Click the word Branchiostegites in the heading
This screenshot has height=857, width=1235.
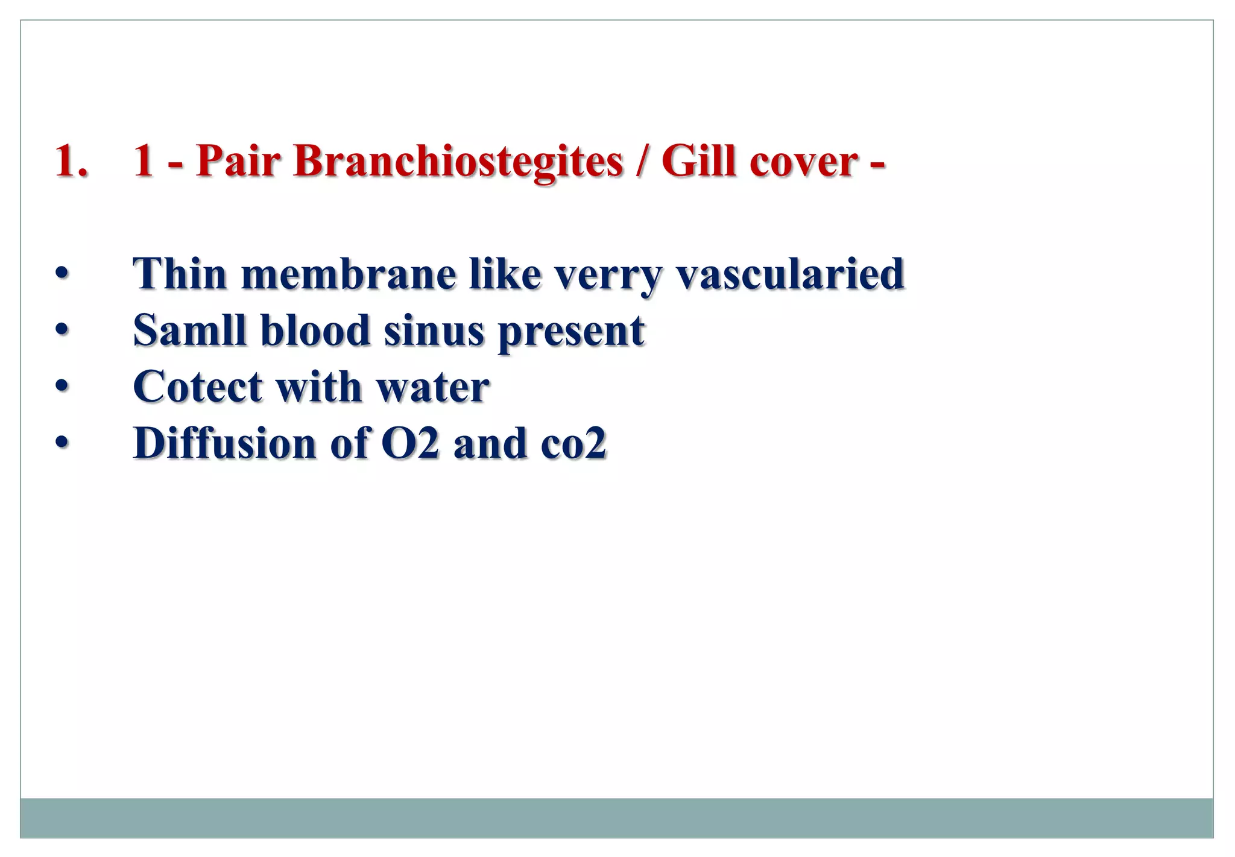click(458, 162)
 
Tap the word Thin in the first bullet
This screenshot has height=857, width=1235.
click(179, 274)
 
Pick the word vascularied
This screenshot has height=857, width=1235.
click(790, 275)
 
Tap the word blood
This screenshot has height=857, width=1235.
click(315, 330)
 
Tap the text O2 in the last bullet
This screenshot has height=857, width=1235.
click(410, 443)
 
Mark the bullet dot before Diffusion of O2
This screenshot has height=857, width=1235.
click(62, 443)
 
